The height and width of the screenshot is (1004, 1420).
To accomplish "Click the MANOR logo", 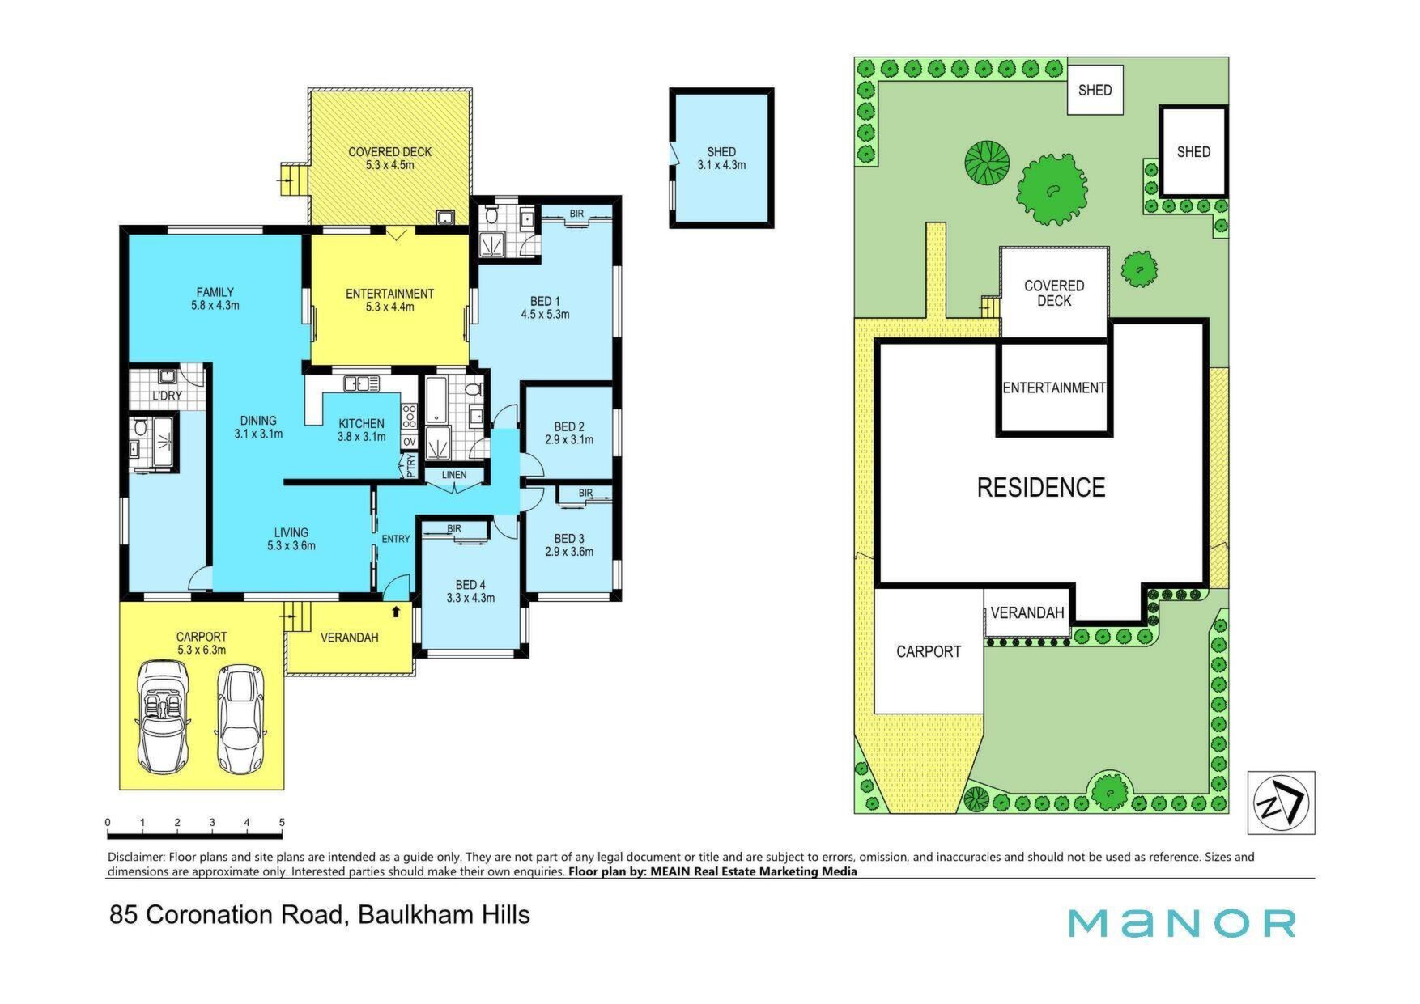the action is point(1181,923).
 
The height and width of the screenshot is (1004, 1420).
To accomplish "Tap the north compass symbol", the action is point(1281,803).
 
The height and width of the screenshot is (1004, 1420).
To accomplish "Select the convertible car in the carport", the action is point(164,717).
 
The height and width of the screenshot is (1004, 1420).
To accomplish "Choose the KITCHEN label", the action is point(361,423).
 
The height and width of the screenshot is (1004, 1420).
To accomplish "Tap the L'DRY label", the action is point(167,396).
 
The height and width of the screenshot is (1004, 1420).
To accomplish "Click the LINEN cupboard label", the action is point(454,475).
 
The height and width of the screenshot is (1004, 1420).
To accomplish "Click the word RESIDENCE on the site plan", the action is point(1041,487).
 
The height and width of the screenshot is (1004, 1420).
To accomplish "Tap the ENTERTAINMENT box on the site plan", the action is point(1053,388).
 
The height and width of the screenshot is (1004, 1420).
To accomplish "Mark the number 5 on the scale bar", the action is point(282,823).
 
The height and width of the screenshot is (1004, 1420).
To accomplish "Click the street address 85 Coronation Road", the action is point(229,915).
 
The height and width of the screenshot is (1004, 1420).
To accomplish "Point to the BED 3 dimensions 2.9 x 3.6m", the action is point(569,552).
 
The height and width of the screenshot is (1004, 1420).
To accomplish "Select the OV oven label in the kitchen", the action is point(409,442).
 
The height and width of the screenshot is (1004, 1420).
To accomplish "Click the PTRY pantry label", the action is point(410,465).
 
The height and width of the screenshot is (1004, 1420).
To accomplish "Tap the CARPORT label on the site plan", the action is point(929,651).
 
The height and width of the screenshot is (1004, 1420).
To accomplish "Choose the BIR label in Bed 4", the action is point(454,529).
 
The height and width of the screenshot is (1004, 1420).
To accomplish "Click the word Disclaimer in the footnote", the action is point(135,857).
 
